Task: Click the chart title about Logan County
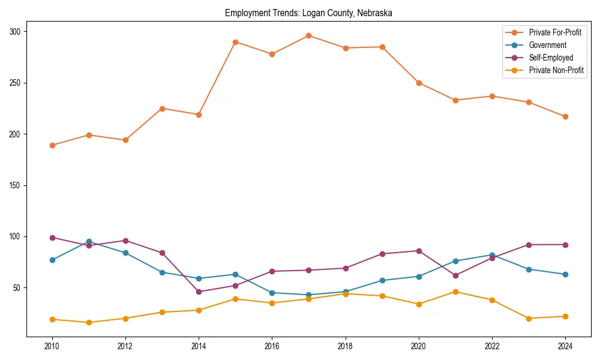pyautogui.click(x=308, y=13)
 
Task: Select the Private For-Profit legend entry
pyautogui.click(x=555, y=32)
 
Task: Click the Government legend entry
pyautogui.click(x=547, y=45)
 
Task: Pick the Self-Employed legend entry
pyautogui.click(x=551, y=58)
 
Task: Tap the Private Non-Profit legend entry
pyautogui.click(x=556, y=70)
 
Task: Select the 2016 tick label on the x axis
pyautogui.click(x=272, y=346)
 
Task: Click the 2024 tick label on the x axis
pyautogui.click(x=565, y=346)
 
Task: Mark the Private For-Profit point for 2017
pyautogui.click(x=308, y=35)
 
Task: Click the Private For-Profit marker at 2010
pyautogui.click(x=52, y=145)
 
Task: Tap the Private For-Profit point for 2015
pyautogui.click(x=235, y=42)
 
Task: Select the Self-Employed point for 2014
pyautogui.click(x=199, y=292)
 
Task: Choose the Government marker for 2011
pyautogui.click(x=89, y=242)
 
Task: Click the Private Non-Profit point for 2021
pyautogui.click(x=455, y=292)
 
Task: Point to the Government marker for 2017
pyautogui.click(x=308, y=295)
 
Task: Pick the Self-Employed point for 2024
pyautogui.click(x=565, y=245)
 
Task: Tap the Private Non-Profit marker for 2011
pyautogui.click(x=89, y=322)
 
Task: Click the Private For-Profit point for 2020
pyautogui.click(x=418, y=83)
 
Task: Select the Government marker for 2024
pyautogui.click(x=565, y=274)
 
